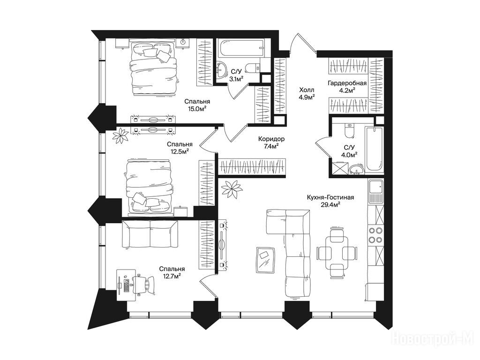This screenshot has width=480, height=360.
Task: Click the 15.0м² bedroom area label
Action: coord(197,108)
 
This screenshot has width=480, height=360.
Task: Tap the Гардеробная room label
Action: coord(347,83)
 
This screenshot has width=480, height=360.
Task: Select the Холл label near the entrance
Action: coord(307,90)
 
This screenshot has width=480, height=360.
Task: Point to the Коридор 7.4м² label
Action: coord(271,142)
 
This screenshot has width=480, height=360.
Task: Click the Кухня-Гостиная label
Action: coord(330,198)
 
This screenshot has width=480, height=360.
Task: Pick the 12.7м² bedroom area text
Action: coord(172,276)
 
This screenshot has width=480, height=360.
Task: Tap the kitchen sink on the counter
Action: coord(375,192)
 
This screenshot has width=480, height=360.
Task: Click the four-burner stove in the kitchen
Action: coord(375,235)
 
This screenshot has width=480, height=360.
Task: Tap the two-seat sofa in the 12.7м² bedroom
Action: coord(150,234)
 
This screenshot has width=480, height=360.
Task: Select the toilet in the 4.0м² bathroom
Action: coord(349,131)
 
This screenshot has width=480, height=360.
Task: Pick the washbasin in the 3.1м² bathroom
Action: coord(221,70)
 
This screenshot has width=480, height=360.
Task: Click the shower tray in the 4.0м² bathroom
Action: coord(340,167)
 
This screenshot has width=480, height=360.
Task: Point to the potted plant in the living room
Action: coord(232,189)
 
